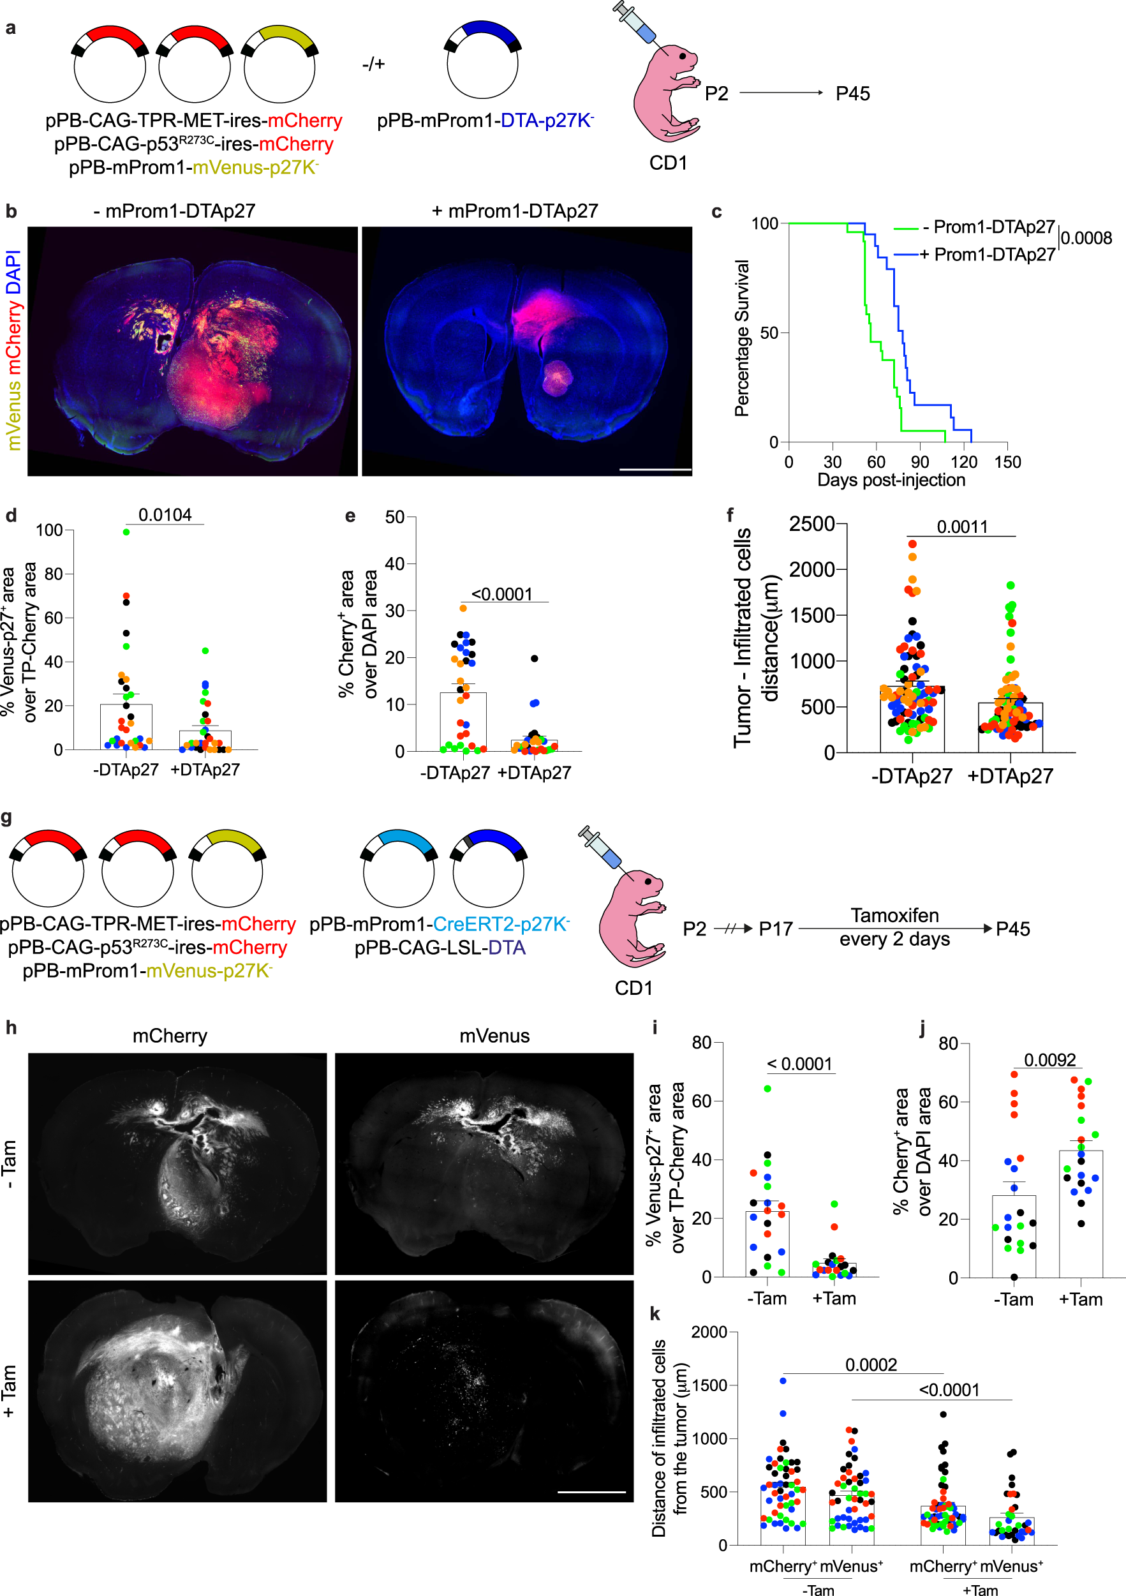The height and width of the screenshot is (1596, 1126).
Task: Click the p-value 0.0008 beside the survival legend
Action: pos(1086,239)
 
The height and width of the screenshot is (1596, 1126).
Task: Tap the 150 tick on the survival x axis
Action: pos(1007,462)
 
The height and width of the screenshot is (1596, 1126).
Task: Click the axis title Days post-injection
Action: pos(891,481)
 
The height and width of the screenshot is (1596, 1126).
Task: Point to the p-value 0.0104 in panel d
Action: pos(165,515)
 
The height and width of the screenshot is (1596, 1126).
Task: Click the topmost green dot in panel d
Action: pos(126,532)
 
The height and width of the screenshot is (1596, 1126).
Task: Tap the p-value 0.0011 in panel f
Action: pos(962,527)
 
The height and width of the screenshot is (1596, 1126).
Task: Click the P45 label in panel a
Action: pos(852,94)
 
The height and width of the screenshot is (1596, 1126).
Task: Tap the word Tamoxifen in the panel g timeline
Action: pos(894,916)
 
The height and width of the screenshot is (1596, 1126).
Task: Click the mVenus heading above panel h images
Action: pos(494,1036)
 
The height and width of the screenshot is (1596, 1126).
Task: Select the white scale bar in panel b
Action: pos(655,470)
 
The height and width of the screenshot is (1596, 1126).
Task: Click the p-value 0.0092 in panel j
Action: pos(1049,1060)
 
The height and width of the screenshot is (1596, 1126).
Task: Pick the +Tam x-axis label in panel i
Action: pos(834,1299)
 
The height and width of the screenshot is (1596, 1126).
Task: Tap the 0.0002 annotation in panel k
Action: pos(871,1364)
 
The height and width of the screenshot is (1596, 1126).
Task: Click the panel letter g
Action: pos(7,817)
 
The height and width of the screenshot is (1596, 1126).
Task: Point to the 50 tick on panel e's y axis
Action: pos(395,517)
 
